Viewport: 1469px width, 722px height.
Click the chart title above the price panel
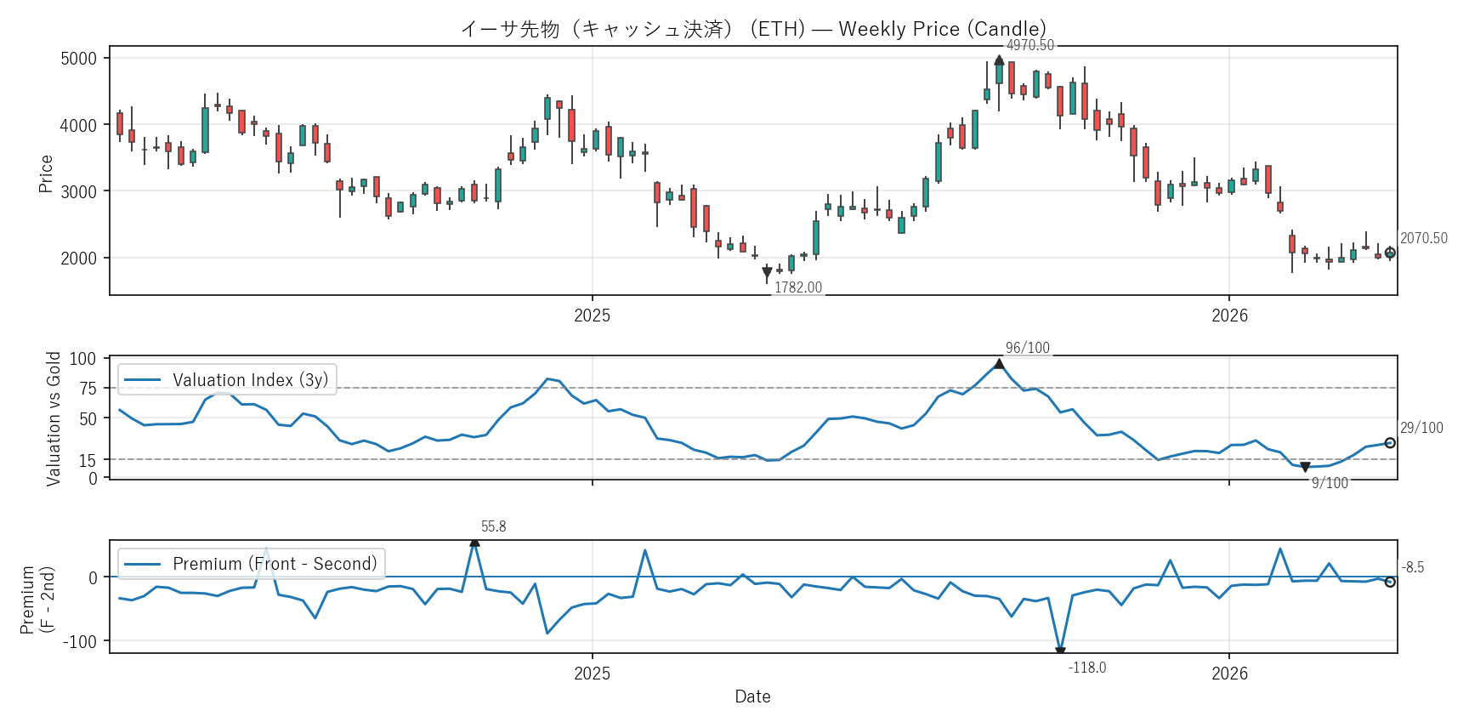pos(753,29)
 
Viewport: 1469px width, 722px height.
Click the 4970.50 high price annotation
pos(1029,45)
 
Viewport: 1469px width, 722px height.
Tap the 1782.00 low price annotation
pos(797,287)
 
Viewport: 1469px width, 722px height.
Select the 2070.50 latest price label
pos(1423,238)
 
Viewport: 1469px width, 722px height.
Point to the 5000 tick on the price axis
pos(79,59)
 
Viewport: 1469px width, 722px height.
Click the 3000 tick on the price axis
pos(79,191)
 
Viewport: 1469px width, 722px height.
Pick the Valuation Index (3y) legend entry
pos(228,379)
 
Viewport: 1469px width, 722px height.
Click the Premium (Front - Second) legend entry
pos(252,563)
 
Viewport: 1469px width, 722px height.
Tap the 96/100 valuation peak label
pos(1027,348)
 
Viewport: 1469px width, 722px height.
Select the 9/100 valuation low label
pos(1330,483)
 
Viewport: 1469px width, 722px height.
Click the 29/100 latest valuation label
pos(1421,428)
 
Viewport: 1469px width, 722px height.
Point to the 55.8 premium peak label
pos(493,526)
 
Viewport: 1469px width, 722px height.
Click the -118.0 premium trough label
pos(1086,668)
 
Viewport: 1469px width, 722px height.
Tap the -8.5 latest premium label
pos(1412,567)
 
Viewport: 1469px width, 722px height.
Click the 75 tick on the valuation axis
pos(88,389)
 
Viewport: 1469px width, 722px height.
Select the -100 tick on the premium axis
pos(80,641)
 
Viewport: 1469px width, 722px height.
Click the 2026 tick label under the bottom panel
pos(1229,674)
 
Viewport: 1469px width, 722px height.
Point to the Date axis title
pos(752,696)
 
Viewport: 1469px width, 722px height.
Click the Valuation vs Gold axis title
pos(54,418)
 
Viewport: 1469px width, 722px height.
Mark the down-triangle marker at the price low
pos(767,272)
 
